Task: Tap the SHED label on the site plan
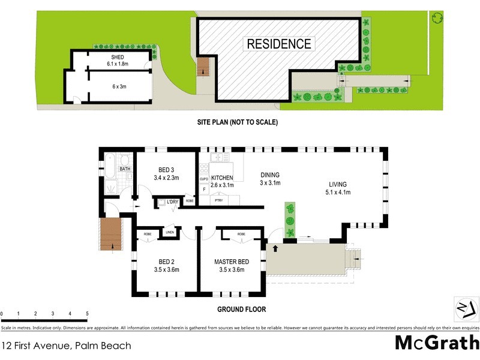pyautogui.click(x=117, y=57)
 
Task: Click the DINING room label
pyautogui.click(x=271, y=175)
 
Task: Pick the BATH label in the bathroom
pyautogui.click(x=124, y=169)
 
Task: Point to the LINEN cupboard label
pyautogui.click(x=170, y=232)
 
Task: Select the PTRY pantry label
pyautogui.click(x=219, y=201)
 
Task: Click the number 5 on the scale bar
pyautogui.click(x=87, y=314)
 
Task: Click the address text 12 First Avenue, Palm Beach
pyautogui.click(x=65, y=346)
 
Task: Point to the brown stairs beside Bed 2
pyautogui.click(x=110, y=234)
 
